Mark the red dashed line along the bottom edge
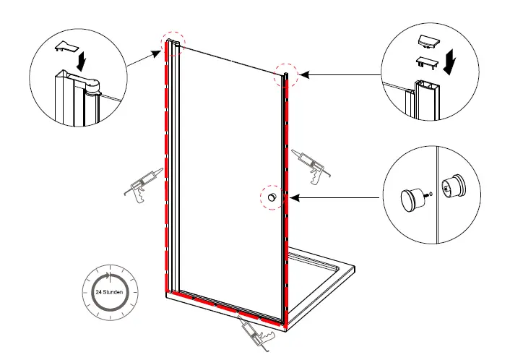(224, 307)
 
